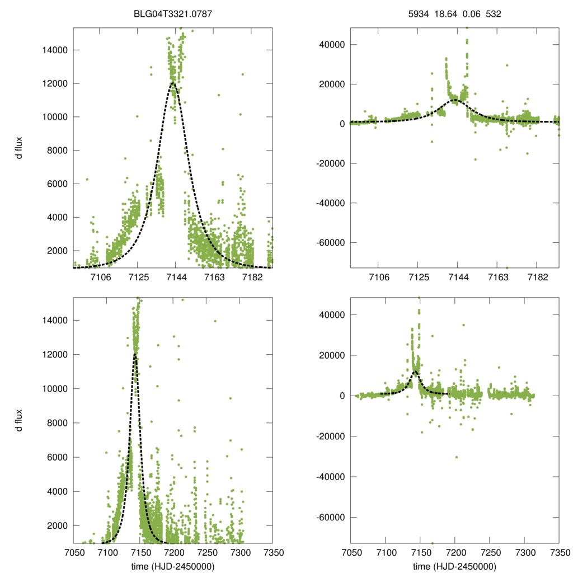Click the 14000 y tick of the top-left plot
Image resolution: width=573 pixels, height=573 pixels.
[55, 50]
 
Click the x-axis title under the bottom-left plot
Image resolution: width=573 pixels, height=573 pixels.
[172, 566]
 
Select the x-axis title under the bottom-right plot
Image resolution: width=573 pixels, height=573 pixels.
[454, 566]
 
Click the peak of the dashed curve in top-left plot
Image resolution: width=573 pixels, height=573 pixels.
[173, 83]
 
